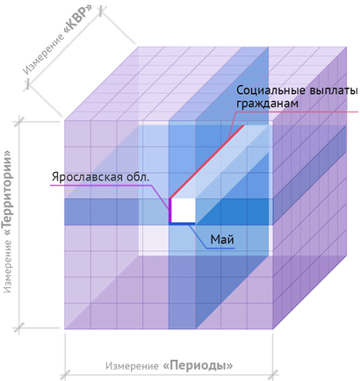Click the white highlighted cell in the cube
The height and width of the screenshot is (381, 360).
tap(184, 210)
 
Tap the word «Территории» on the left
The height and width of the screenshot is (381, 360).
tap(8, 190)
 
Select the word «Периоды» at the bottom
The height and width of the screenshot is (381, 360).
tap(198, 365)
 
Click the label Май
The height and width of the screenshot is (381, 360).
tap(222, 240)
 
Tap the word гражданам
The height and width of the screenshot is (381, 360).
tap(267, 104)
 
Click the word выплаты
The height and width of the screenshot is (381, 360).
tap(329, 90)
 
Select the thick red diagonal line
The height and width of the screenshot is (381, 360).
tap(207, 162)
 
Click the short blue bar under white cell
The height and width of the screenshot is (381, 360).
tap(182, 224)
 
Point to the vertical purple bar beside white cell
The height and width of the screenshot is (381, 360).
tap(169, 211)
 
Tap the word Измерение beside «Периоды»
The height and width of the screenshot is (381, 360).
tap(132, 366)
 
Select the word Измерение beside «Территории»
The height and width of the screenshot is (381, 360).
tap(8, 266)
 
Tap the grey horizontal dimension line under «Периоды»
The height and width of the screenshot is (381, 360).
tap(169, 374)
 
